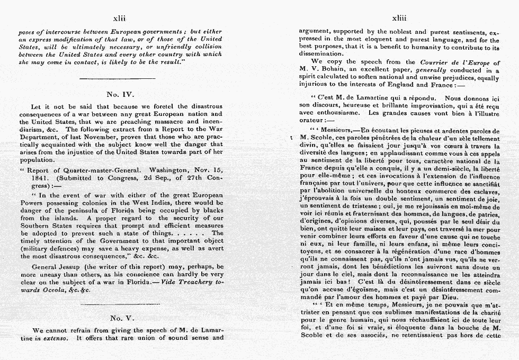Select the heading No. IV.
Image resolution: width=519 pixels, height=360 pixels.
121,94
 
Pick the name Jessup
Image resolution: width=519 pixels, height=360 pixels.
74,267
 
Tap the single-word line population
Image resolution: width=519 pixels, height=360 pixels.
36,159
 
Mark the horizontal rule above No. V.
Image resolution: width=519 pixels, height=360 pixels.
121,304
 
